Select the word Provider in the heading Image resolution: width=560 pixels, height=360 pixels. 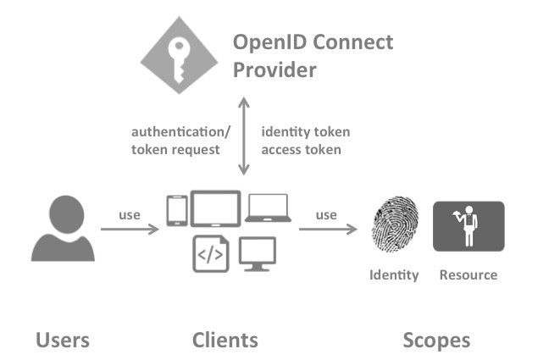(x=276, y=69)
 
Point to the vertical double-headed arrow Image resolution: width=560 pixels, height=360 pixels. (x=244, y=136)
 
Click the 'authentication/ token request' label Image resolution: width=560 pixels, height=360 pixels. (x=176, y=141)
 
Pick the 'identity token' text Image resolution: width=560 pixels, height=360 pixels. (x=305, y=132)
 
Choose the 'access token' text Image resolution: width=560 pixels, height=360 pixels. (x=301, y=150)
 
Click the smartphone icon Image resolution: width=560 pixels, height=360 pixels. (x=177, y=211)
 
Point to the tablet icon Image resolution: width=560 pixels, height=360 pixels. (x=215, y=208)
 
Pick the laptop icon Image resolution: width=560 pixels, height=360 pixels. (x=268, y=208)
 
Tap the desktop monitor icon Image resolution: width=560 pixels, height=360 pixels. (x=258, y=252)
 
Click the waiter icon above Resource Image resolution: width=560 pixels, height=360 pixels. (x=468, y=226)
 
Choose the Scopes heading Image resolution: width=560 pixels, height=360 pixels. (x=435, y=341)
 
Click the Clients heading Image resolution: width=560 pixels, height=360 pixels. (x=225, y=341)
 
